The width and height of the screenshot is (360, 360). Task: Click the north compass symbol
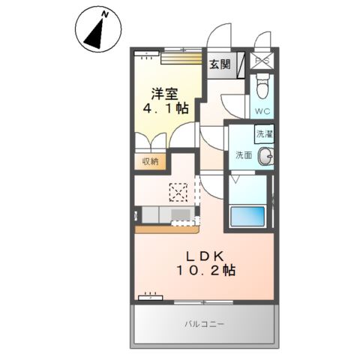[x=96, y=31]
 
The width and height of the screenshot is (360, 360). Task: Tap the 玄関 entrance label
[x=219, y=65]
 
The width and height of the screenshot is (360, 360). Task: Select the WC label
[x=263, y=112]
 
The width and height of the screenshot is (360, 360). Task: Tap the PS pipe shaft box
[x=264, y=62]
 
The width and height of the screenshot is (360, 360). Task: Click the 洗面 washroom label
[x=244, y=155]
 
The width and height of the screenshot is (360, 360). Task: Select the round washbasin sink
[x=265, y=156]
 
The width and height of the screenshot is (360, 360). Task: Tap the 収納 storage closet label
[x=148, y=160]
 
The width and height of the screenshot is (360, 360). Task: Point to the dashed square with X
[x=178, y=193]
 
